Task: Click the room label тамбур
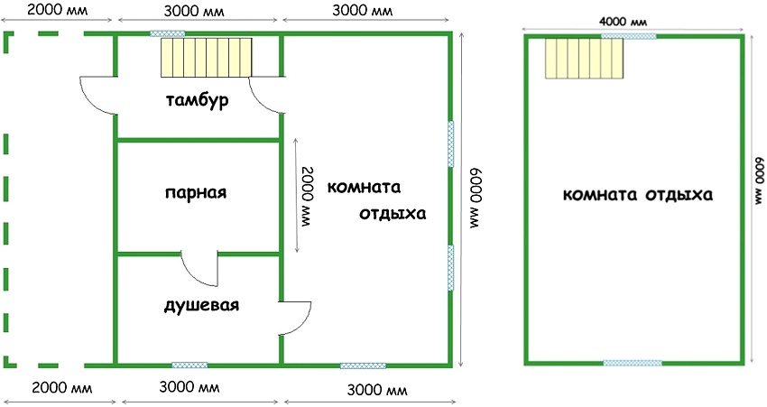tap(197, 101)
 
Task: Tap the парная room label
tap(196, 192)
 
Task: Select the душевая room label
tap(201, 305)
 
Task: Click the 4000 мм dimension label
tap(623, 22)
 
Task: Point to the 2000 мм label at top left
tap(57, 10)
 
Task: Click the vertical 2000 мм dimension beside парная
tap(308, 197)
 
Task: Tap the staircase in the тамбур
tap(207, 57)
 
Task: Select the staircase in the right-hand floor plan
tap(585, 59)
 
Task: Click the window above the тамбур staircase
tap(167, 33)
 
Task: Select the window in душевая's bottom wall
tap(189, 365)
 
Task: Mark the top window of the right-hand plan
tap(629, 36)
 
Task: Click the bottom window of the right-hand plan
tap(633, 363)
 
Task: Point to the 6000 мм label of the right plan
tap(759, 181)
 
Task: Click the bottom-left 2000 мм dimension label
tap(61, 388)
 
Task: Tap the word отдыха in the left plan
tap(393, 214)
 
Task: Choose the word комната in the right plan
tap(600, 195)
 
